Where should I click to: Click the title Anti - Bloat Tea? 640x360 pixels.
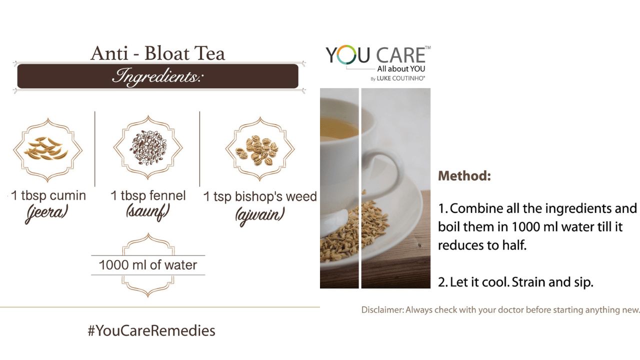pos(157,53)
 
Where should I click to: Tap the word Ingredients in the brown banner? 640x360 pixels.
pos(157,76)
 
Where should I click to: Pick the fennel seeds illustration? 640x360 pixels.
pos(148,147)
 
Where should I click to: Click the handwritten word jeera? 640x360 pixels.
pos(47,213)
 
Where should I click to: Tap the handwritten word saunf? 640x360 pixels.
pos(147,212)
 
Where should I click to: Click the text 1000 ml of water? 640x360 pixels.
pos(147,265)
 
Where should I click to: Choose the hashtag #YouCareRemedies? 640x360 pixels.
pos(151,330)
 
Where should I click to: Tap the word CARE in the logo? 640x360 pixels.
pos(401,55)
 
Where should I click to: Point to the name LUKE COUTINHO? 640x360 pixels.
pos(400,78)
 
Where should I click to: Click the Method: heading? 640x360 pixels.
pos(464,175)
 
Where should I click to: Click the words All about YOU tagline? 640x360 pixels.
pos(401,69)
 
